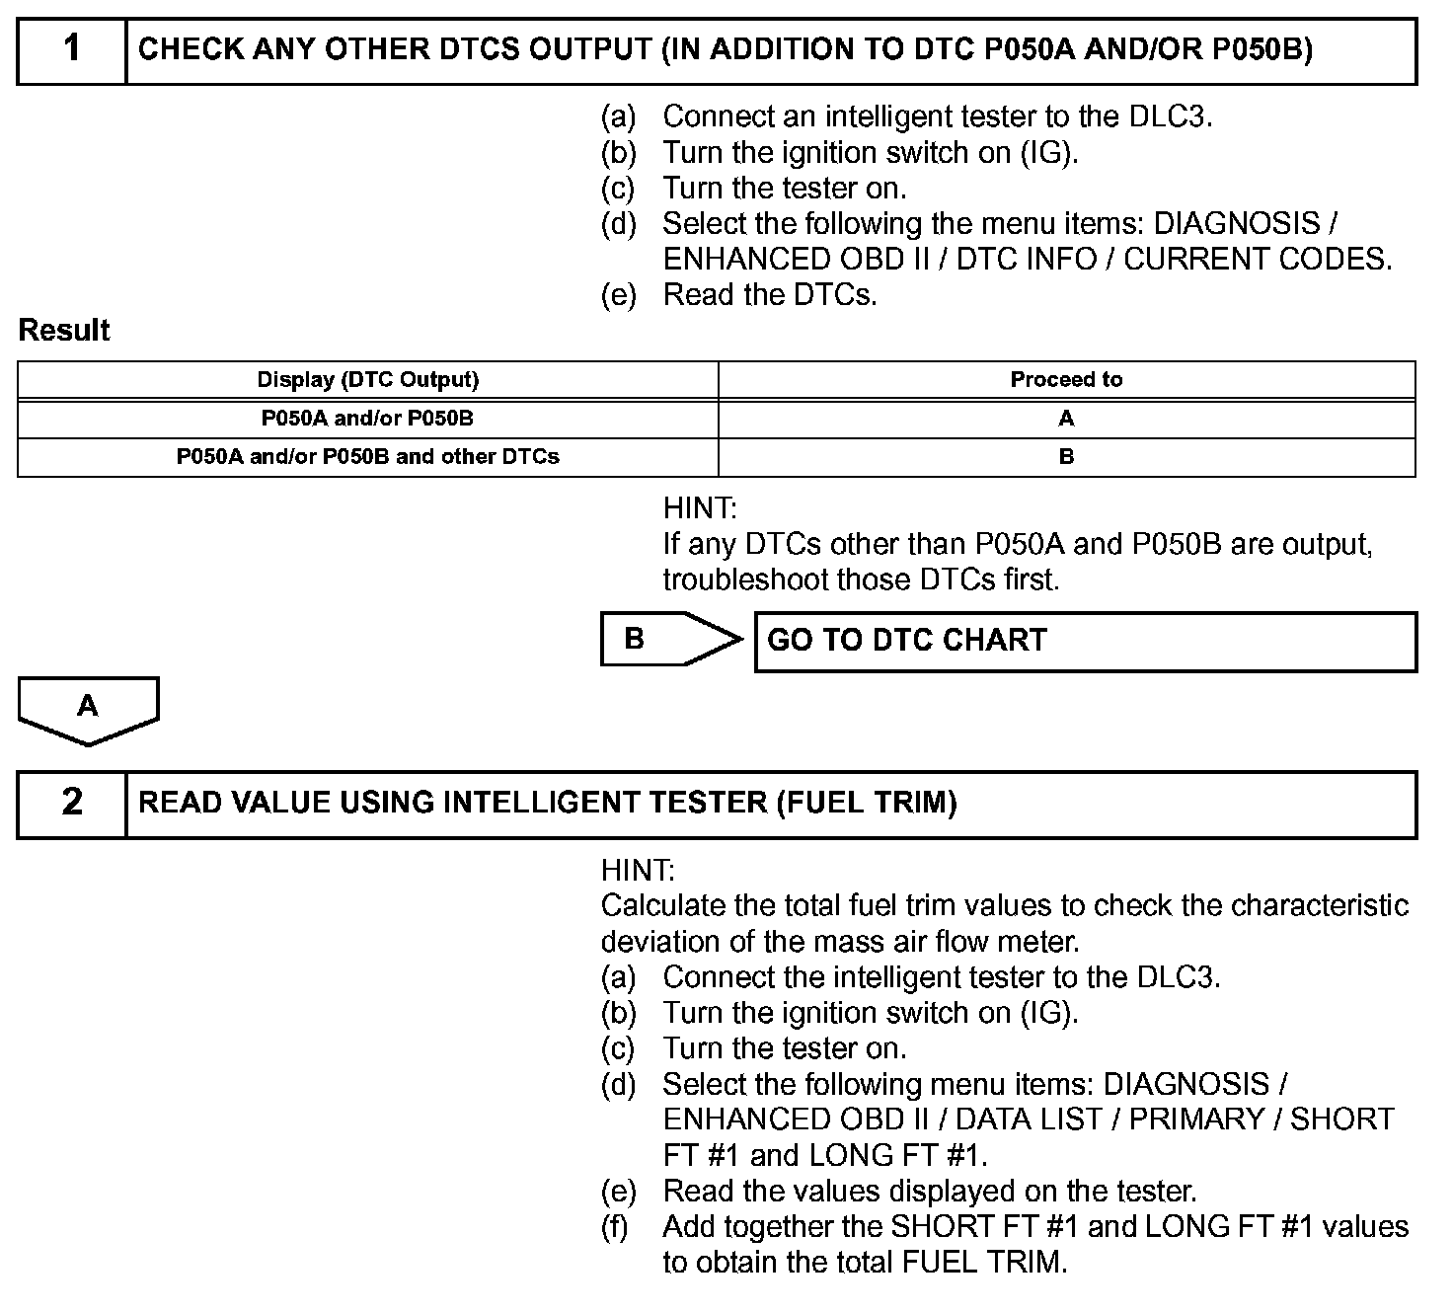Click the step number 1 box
[x=72, y=49]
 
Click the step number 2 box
[x=72, y=803]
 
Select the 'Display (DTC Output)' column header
[x=367, y=380]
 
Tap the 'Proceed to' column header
[x=1066, y=380]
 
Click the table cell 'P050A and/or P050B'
[x=367, y=419]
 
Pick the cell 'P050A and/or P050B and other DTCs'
[x=367, y=457]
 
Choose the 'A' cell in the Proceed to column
[x=1066, y=419]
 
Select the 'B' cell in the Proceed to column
[x=1066, y=457]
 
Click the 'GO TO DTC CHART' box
[x=1085, y=641]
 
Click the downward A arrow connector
[x=88, y=709]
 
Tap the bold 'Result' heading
[x=64, y=331]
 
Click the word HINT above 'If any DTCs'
[x=700, y=509]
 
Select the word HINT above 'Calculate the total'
[x=638, y=871]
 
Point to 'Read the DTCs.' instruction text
[x=770, y=294]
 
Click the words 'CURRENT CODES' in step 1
[x=1257, y=259]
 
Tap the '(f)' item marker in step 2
[x=617, y=1226]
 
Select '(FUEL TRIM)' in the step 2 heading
[x=866, y=803]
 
